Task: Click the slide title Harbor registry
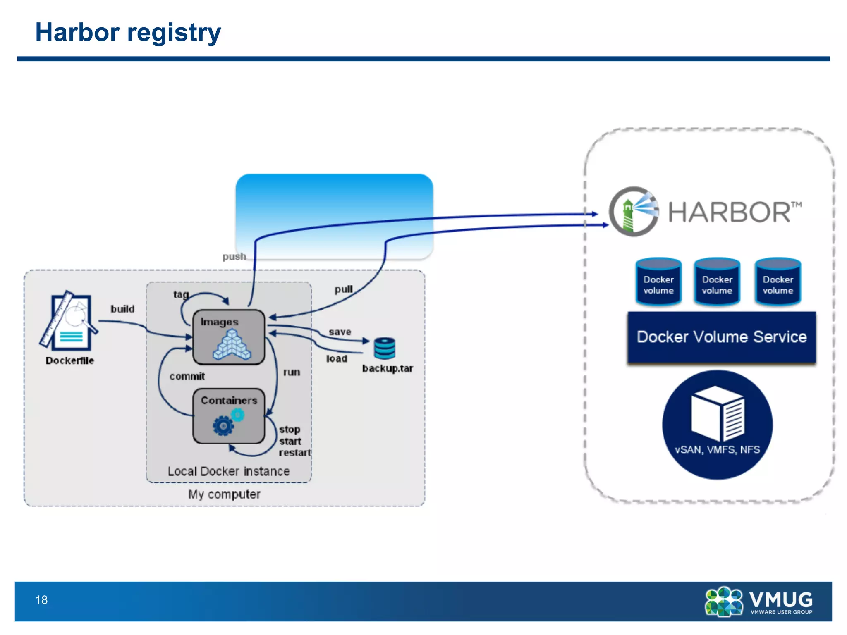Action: click(x=128, y=32)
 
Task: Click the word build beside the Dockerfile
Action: click(x=122, y=309)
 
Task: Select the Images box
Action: click(x=229, y=337)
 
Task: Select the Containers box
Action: click(x=229, y=415)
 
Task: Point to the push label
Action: click(x=234, y=256)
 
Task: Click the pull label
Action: click(x=344, y=289)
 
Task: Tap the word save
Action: click(x=340, y=332)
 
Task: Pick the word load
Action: click(x=337, y=358)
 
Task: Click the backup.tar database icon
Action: click(x=385, y=348)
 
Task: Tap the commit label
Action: click(x=187, y=376)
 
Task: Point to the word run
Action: click(x=292, y=372)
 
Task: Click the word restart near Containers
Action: click(x=294, y=453)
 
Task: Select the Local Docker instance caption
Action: click(x=228, y=471)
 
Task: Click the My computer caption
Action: click(x=224, y=494)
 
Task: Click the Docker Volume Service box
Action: click(x=722, y=337)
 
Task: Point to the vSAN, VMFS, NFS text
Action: click(x=717, y=449)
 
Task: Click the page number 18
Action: click(x=41, y=600)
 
